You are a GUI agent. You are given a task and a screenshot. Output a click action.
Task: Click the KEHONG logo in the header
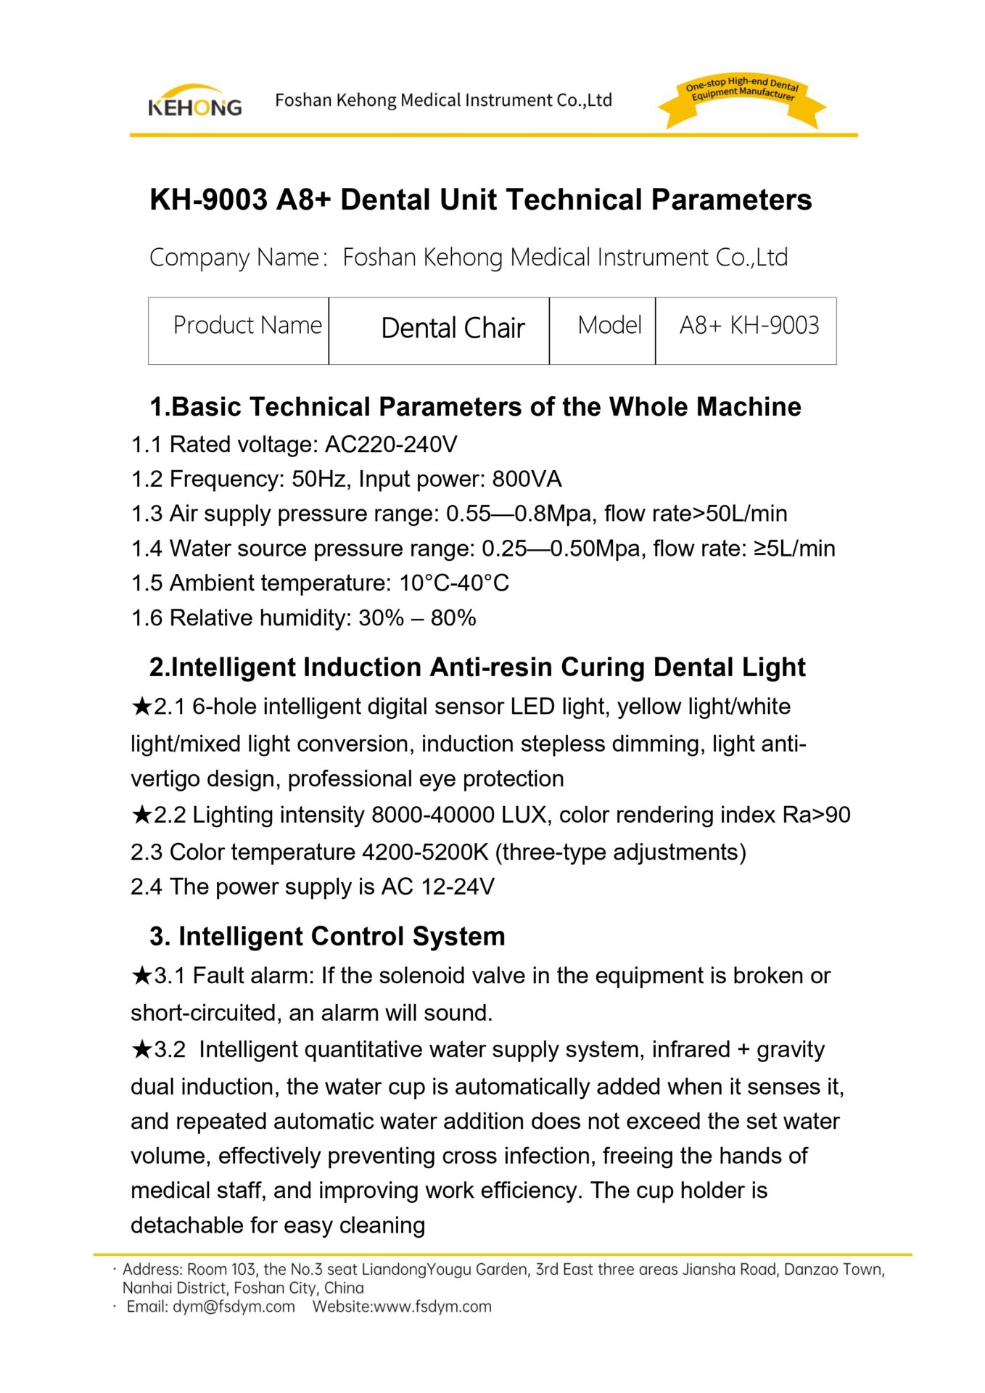194,102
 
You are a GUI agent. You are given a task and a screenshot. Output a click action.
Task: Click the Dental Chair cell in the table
453,329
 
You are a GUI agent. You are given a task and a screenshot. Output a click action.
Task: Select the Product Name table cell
247,326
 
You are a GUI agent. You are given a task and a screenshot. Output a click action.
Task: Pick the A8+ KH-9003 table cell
749,326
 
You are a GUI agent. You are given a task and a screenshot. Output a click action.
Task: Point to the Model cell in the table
609,326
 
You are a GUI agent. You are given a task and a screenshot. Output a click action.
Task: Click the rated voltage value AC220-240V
391,445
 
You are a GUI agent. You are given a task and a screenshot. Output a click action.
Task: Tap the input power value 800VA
527,480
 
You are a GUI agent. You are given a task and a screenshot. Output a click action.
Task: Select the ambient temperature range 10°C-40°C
454,583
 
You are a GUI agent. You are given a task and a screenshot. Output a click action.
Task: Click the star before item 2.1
141,706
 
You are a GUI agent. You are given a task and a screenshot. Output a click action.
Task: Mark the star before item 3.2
141,1049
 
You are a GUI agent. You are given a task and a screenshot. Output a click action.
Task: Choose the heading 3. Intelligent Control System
327,937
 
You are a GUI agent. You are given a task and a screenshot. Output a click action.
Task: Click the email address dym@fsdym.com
234,1307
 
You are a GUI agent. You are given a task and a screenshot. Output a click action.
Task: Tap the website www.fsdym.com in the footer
432,1307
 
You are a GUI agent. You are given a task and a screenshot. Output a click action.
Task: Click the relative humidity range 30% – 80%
417,618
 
